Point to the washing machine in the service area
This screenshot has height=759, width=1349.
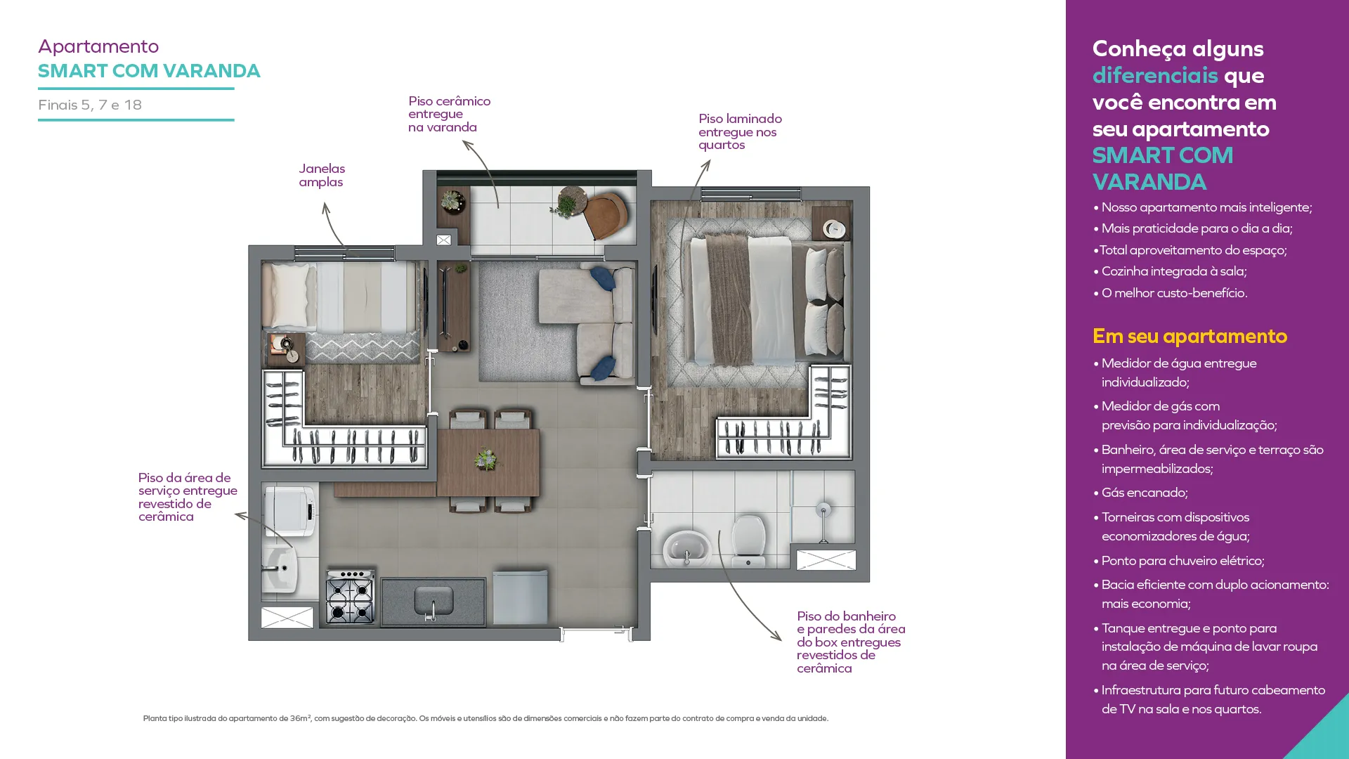click(x=289, y=511)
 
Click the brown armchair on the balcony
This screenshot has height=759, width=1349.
click(x=606, y=215)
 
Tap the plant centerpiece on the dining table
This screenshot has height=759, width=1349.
click(x=485, y=460)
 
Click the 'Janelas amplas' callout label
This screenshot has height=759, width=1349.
click(x=322, y=175)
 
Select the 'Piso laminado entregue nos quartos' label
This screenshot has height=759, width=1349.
click(x=740, y=131)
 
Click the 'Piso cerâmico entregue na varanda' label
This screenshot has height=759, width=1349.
click(x=449, y=114)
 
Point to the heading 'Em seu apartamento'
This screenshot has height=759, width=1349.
click(x=1190, y=336)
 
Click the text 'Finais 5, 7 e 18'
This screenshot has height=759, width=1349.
click(x=90, y=105)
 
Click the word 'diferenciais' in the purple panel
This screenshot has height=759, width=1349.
click(x=1155, y=75)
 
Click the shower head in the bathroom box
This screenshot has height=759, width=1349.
click(x=823, y=510)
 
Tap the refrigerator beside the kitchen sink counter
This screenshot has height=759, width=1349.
click(x=520, y=597)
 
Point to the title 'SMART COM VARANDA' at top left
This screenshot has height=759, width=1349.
click(x=149, y=71)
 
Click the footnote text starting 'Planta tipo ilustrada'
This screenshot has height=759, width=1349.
click(x=485, y=718)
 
